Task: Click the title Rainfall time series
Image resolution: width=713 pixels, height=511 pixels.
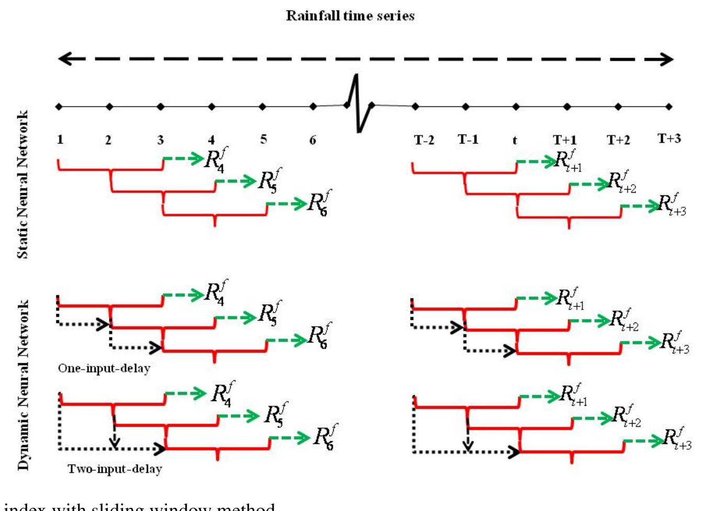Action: [x=350, y=16]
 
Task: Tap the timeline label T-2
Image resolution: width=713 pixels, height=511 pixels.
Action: [x=424, y=140]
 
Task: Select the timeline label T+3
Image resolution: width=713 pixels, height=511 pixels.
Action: [x=669, y=139]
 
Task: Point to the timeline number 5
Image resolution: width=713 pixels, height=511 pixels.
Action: [x=263, y=139]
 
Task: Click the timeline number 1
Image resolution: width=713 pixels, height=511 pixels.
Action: [x=60, y=139]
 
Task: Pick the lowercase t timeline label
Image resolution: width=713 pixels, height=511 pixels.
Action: [x=515, y=140]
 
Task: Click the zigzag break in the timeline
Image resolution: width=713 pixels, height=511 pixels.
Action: [x=358, y=104]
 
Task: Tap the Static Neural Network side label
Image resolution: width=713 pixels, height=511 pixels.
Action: [x=22, y=184]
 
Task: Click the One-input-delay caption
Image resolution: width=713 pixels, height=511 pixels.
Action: [x=104, y=368]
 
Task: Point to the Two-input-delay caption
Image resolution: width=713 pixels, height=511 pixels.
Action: [x=115, y=469]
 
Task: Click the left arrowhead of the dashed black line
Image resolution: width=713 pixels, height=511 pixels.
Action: [x=64, y=59]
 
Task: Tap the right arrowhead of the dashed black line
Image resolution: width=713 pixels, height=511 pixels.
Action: [x=667, y=59]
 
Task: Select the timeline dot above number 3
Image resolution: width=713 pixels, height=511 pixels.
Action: [x=161, y=107]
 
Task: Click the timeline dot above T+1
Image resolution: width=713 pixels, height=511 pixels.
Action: [x=567, y=107]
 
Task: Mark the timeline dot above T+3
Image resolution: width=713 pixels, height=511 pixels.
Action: [x=669, y=107]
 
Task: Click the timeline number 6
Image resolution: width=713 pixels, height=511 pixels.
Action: [x=312, y=140]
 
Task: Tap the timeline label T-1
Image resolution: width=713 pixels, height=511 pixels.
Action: [x=468, y=139]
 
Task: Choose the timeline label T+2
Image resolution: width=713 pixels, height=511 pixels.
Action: [x=618, y=140]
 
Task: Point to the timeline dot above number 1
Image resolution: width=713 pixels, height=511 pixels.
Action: [x=59, y=107]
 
